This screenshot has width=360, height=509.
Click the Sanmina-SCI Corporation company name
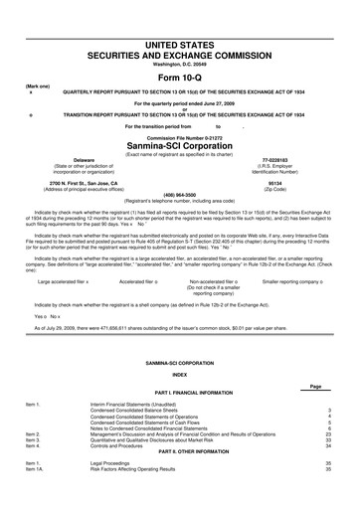click(180, 142)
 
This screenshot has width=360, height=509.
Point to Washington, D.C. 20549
click(180, 41)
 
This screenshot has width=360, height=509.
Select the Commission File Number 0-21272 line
click(180, 135)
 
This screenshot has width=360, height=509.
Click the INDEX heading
click(180, 375)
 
